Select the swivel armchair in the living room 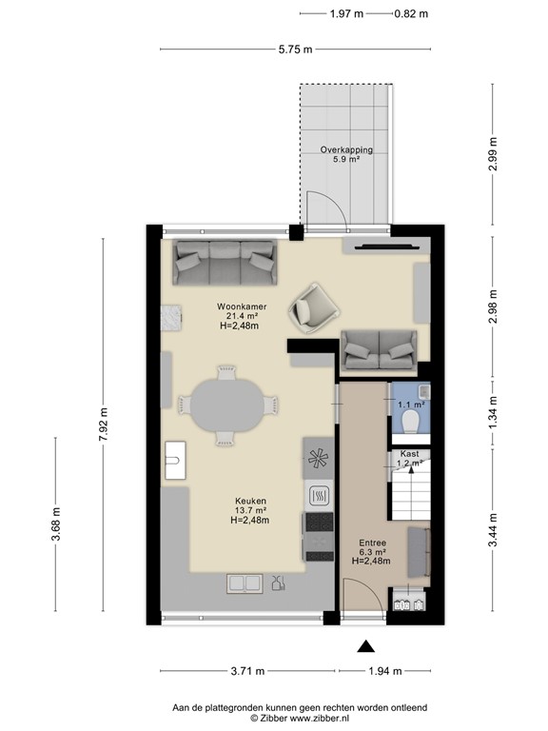[313, 306]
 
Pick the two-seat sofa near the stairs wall [380, 349]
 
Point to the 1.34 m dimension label [492, 411]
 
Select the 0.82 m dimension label [411, 13]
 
